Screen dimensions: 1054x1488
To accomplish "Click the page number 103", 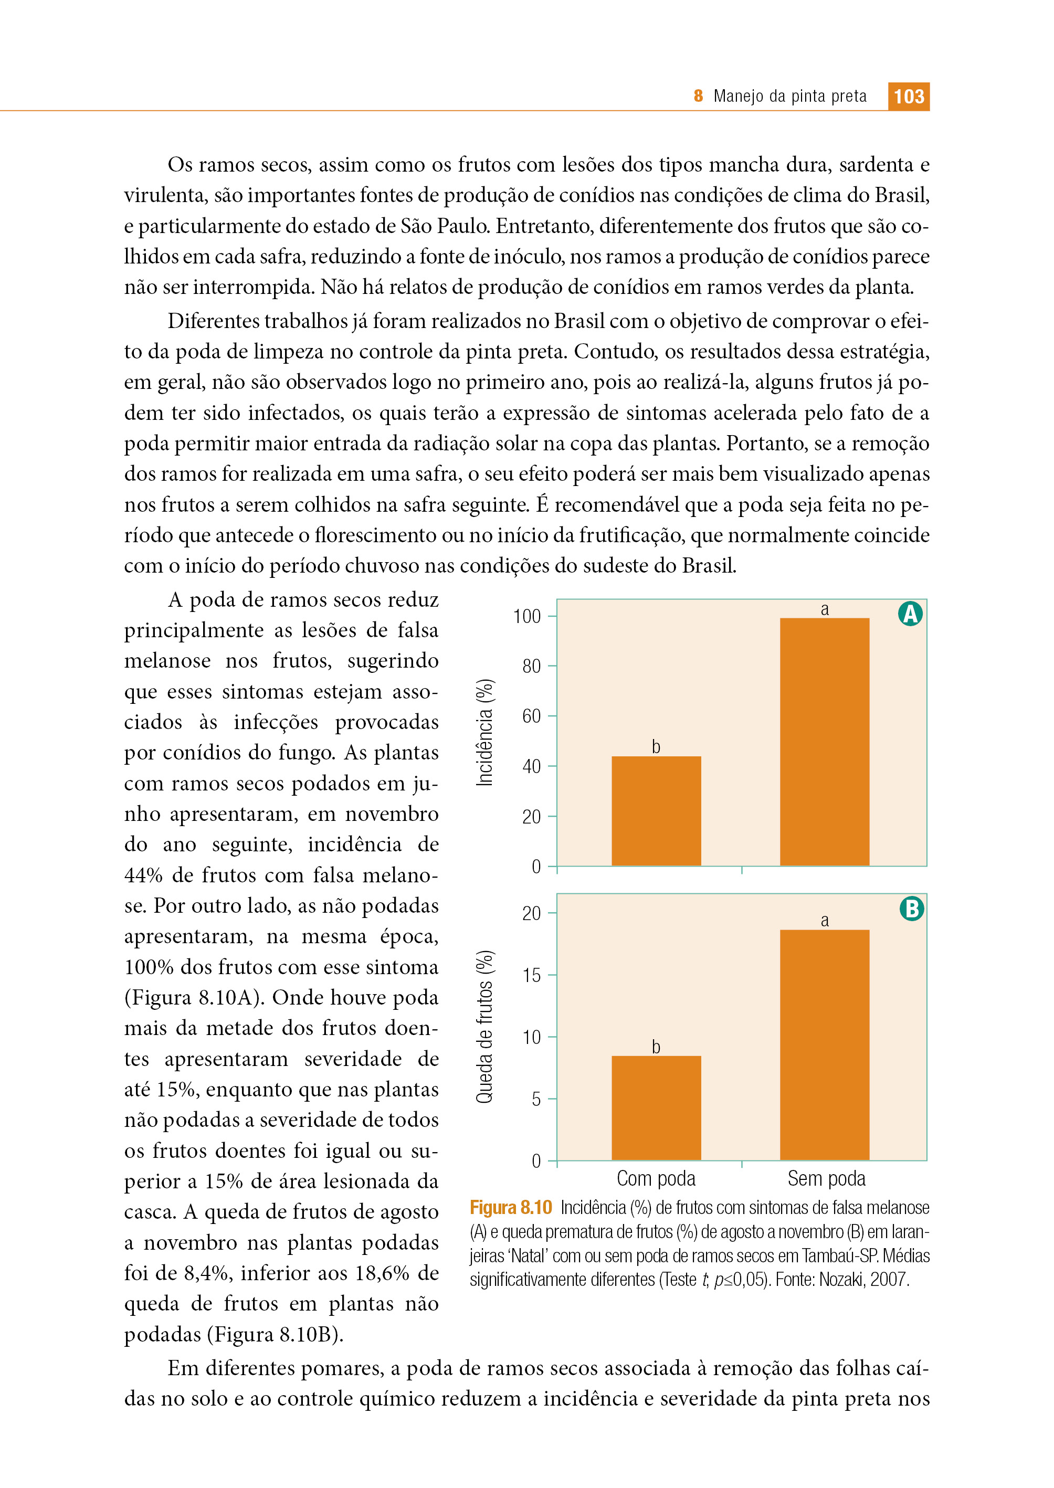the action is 909,97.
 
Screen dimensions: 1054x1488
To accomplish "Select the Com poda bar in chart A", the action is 656,810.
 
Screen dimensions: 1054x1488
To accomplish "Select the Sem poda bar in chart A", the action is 824,742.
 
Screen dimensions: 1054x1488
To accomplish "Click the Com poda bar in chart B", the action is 656,1107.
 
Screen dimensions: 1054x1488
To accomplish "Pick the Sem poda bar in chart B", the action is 824,1045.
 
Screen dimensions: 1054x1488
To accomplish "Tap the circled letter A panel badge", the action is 910,613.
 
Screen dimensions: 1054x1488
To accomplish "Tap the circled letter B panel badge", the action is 911,909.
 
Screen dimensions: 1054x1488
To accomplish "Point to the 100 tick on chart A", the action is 527,616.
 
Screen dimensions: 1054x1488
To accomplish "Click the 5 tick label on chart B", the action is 536,1099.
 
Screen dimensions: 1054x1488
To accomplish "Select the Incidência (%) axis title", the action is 485,733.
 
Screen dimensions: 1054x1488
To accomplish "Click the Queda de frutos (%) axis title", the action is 485,1027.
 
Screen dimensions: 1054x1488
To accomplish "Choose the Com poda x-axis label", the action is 656,1178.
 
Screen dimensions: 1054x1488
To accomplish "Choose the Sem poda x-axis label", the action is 827,1178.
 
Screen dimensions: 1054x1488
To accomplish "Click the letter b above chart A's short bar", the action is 656,747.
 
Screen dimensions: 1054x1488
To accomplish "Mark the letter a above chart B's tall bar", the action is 824,920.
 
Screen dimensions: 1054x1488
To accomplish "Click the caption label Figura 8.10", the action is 511,1208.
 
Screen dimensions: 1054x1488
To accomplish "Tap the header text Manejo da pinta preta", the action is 790,97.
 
